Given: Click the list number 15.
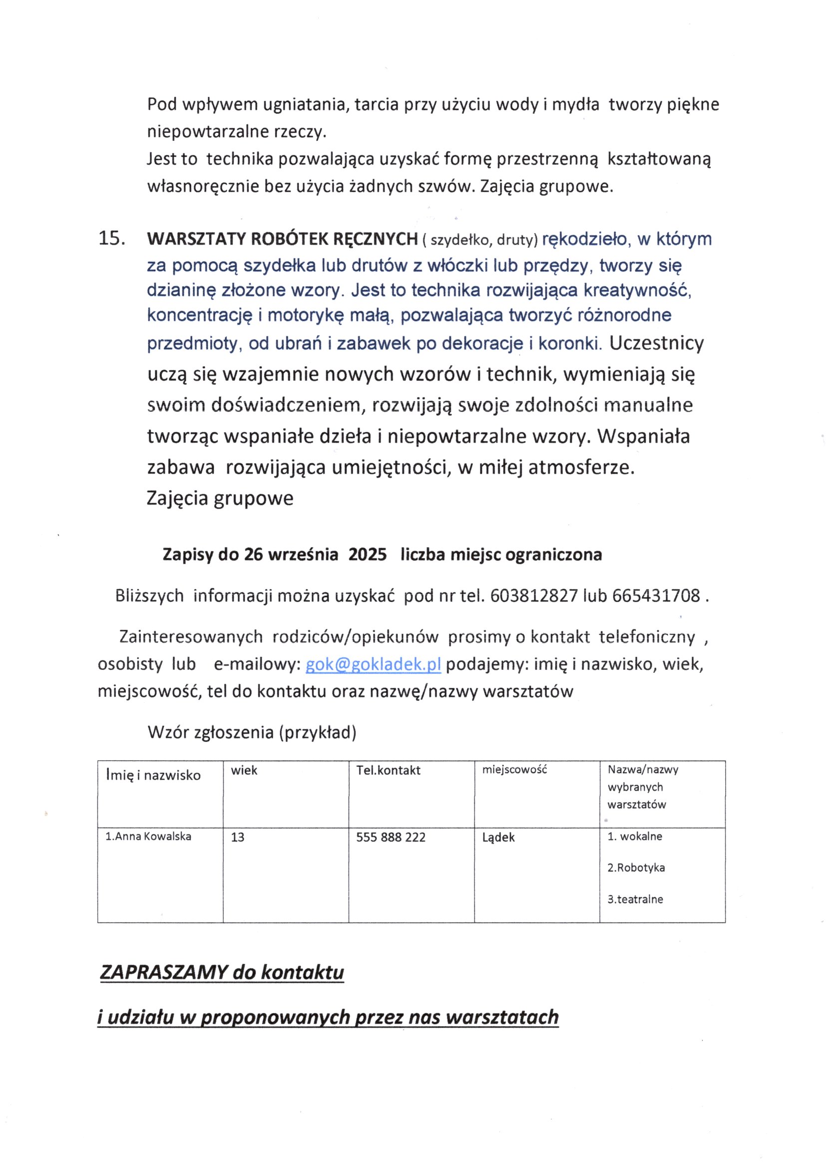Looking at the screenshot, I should click(111, 239).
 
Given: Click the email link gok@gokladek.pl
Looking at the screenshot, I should click(373, 664).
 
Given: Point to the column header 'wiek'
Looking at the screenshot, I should click(244, 770).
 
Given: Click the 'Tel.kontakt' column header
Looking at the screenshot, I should click(388, 770).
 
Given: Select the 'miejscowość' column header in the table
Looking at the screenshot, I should click(514, 770).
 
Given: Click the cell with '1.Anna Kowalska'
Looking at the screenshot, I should click(148, 836).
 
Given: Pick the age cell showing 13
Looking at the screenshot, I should click(238, 837).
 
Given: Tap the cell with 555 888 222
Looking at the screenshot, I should click(391, 837).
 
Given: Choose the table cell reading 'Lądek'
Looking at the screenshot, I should click(498, 837).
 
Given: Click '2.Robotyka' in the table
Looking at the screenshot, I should click(636, 868).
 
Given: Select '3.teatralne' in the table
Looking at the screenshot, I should click(635, 899).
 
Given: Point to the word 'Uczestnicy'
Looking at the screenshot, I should click(656, 343).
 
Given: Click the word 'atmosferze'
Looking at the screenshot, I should click(581, 467).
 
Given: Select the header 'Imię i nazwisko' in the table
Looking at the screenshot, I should click(153, 775).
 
